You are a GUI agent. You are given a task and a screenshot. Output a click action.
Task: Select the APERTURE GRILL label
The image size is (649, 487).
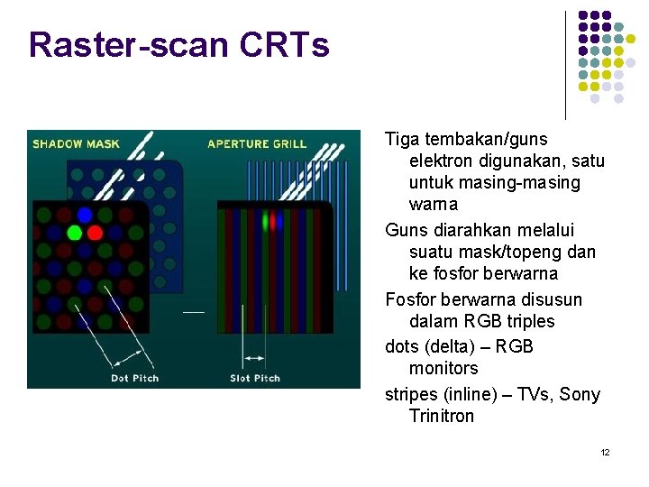click(256, 143)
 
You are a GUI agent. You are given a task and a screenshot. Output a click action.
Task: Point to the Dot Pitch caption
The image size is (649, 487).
click(134, 378)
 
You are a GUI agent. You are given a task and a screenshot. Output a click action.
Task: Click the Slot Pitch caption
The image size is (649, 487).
click(255, 378)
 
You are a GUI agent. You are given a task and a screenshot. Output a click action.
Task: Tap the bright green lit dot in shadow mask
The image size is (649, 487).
click(74, 233)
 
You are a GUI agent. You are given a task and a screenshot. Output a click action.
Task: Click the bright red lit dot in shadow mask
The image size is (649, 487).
click(95, 233)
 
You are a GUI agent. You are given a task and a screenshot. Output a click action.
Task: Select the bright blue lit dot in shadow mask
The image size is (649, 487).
click(85, 215)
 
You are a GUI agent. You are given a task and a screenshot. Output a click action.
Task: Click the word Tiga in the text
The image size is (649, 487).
click(402, 140)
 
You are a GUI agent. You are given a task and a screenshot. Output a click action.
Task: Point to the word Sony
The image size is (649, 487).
click(580, 394)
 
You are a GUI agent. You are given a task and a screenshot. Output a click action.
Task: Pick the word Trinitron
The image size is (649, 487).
click(442, 416)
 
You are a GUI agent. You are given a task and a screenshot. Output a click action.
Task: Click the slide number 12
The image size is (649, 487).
click(605, 452)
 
